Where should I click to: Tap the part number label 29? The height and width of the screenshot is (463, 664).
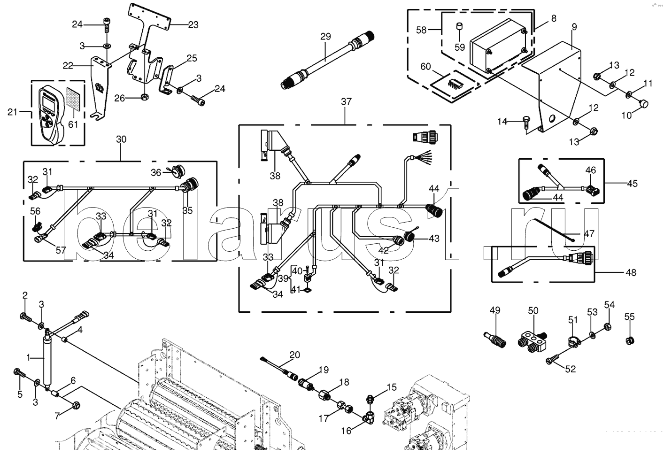tap(325, 37)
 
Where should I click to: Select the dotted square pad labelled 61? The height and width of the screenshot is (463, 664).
tap(73, 99)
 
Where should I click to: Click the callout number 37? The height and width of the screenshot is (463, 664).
tap(346, 102)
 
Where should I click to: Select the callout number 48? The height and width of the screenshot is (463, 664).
tap(631, 272)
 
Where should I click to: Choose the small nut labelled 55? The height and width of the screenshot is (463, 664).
tap(629, 341)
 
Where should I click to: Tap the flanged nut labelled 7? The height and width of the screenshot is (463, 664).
tap(76, 405)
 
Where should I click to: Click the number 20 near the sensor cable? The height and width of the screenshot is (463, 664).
tap(294, 355)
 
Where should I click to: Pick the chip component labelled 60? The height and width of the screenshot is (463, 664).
tap(454, 87)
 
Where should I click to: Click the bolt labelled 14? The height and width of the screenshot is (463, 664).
tap(526, 122)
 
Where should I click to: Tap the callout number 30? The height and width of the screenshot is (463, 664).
tap(121, 139)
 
